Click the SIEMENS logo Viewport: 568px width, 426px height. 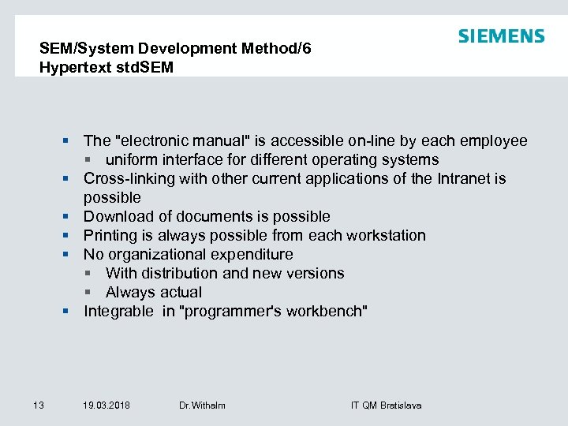click(x=501, y=36)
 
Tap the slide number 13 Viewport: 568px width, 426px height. click(x=39, y=405)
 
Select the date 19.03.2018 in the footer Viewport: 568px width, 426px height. click(x=106, y=405)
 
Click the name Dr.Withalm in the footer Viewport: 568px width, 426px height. click(x=202, y=405)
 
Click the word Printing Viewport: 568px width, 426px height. click(x=111, y=236)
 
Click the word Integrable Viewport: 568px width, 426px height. click(x=119, y=312)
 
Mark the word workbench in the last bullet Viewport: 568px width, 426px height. click(x=327, y=312)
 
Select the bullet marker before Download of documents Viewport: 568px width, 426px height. click(x=69, y=217)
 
